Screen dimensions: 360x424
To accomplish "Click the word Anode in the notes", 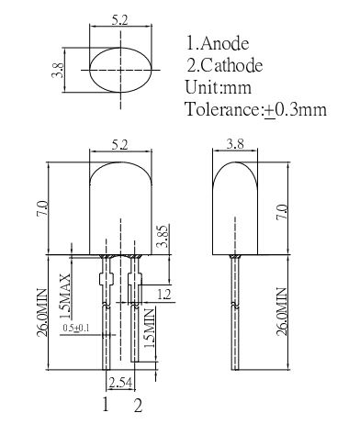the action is point(225,43).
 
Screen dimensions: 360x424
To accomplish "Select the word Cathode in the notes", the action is point(232,65).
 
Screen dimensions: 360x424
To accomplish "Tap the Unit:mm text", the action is point(219,87).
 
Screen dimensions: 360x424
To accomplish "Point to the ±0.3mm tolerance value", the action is point(295,109).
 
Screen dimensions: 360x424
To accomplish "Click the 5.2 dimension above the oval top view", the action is point(119,20).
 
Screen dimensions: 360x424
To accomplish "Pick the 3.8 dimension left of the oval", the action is point(58,70).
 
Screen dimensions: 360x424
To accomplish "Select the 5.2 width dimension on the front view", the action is point(119,144).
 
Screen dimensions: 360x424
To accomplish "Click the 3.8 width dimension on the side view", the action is point(235,144).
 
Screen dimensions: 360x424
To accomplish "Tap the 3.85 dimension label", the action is point(163,236).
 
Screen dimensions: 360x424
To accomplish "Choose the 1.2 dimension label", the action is point(164,295).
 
